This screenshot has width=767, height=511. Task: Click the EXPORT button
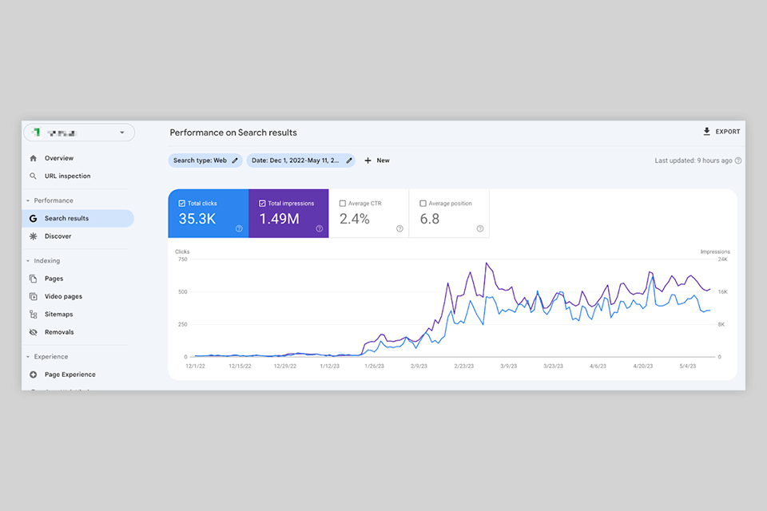[721, 132]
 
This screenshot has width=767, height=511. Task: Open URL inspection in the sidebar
[67, 176]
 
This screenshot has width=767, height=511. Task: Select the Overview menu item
[58, 158]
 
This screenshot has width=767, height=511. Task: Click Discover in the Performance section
[58, 236]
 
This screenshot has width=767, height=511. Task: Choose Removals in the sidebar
[59, 332]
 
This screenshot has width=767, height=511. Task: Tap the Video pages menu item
[63, 296]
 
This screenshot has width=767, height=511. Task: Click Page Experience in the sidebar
[70, 374]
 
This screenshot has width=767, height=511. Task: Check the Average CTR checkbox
[343, 204]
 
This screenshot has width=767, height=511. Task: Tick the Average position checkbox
[423, 204]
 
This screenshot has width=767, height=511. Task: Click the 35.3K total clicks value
[197, 219]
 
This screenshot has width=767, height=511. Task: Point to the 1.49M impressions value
[279, 219]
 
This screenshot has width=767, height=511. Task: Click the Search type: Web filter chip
[205, 160]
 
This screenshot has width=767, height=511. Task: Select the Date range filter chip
[300, 160]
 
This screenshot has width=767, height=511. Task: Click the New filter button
[377, 160]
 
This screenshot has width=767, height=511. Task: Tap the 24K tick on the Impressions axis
[721, 259]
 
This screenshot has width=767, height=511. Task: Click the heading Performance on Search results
[233, 133]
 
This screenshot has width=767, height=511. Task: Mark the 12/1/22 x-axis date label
[196, 366]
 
